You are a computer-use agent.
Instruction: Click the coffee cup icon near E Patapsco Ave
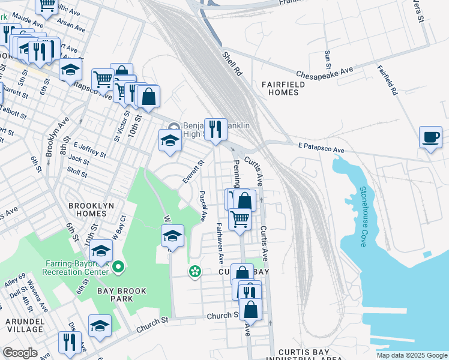(x=430, y=137)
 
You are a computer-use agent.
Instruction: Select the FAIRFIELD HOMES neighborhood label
(x=283, y=89)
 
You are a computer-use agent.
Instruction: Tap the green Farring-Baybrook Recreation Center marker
(x=118, y=266)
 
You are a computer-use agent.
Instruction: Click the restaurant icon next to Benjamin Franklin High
(x=214, y=129)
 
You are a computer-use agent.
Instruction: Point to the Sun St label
(x=328, y=59)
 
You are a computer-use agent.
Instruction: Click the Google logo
(x=20, y=353)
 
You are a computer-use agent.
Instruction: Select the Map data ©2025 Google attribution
(x=412, y=355)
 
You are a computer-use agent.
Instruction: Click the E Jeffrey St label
(x=89, y=149)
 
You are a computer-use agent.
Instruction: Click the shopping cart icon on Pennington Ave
(x=240, y=219)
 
